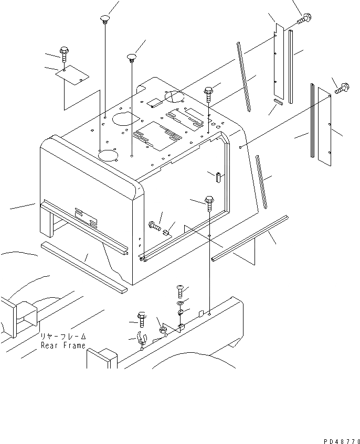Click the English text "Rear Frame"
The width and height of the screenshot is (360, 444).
[x=62, y=346]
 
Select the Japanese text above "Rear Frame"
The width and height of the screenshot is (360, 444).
[x=62, y=337]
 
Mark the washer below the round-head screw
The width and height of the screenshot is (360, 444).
[x=181, y=303]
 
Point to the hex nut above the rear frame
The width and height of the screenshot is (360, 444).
[x=163, y=330]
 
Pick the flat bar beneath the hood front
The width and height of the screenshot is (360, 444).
[x=84, y=267]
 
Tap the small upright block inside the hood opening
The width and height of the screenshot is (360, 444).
[x=216, y=176]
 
